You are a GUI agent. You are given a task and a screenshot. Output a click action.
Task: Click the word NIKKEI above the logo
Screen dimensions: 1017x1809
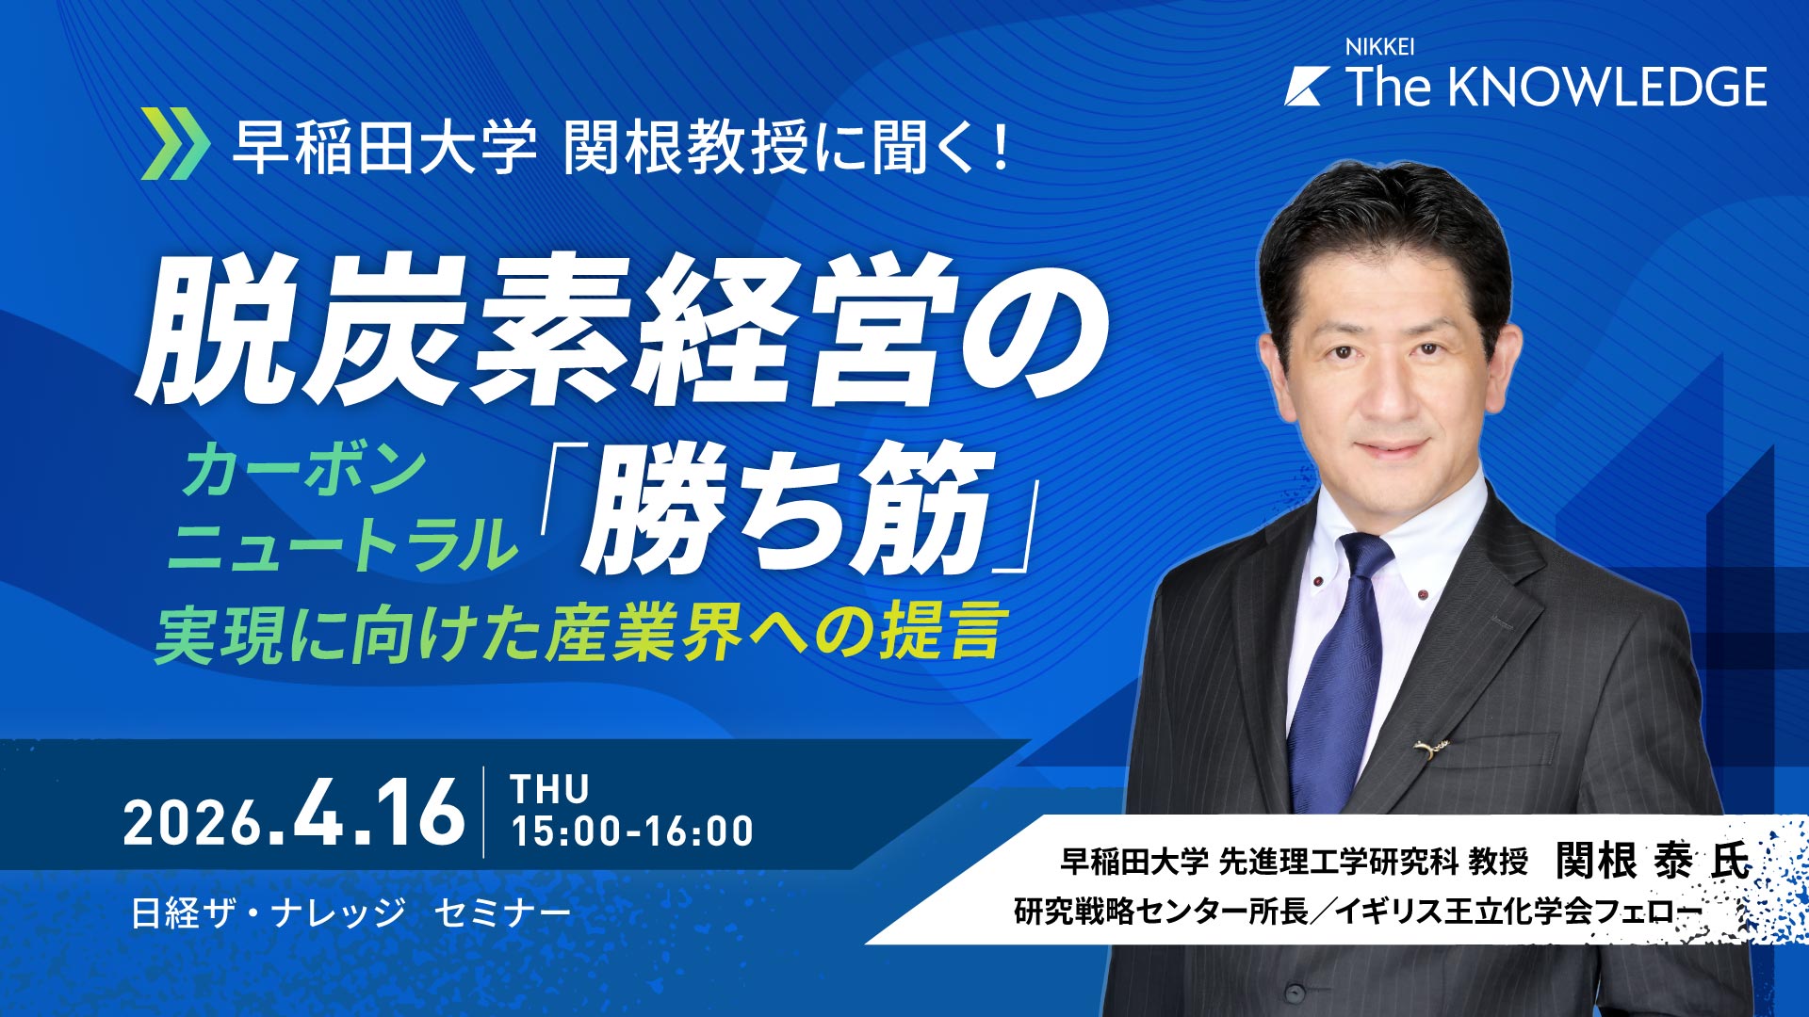(x=1379, y=47)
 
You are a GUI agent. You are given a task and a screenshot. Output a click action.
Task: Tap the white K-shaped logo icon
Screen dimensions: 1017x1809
(x=1307, y=87)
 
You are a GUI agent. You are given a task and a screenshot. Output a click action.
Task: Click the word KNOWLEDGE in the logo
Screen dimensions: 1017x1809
(x=1606, y=87)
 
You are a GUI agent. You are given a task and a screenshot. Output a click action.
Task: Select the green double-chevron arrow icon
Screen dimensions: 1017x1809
(x=175, y=144)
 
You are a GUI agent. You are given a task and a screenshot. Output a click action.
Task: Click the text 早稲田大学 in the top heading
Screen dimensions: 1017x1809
(x=384, y=147)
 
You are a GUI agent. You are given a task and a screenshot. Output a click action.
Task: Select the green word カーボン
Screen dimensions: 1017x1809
(x=303, y=469)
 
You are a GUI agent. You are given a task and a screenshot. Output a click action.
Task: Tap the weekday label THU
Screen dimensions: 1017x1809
(x=549, y=789)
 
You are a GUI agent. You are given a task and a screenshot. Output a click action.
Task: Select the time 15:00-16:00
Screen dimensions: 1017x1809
(x=631, y=831)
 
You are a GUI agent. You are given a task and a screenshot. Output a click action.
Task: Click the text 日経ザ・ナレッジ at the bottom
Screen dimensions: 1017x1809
(x=269, y=912)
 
